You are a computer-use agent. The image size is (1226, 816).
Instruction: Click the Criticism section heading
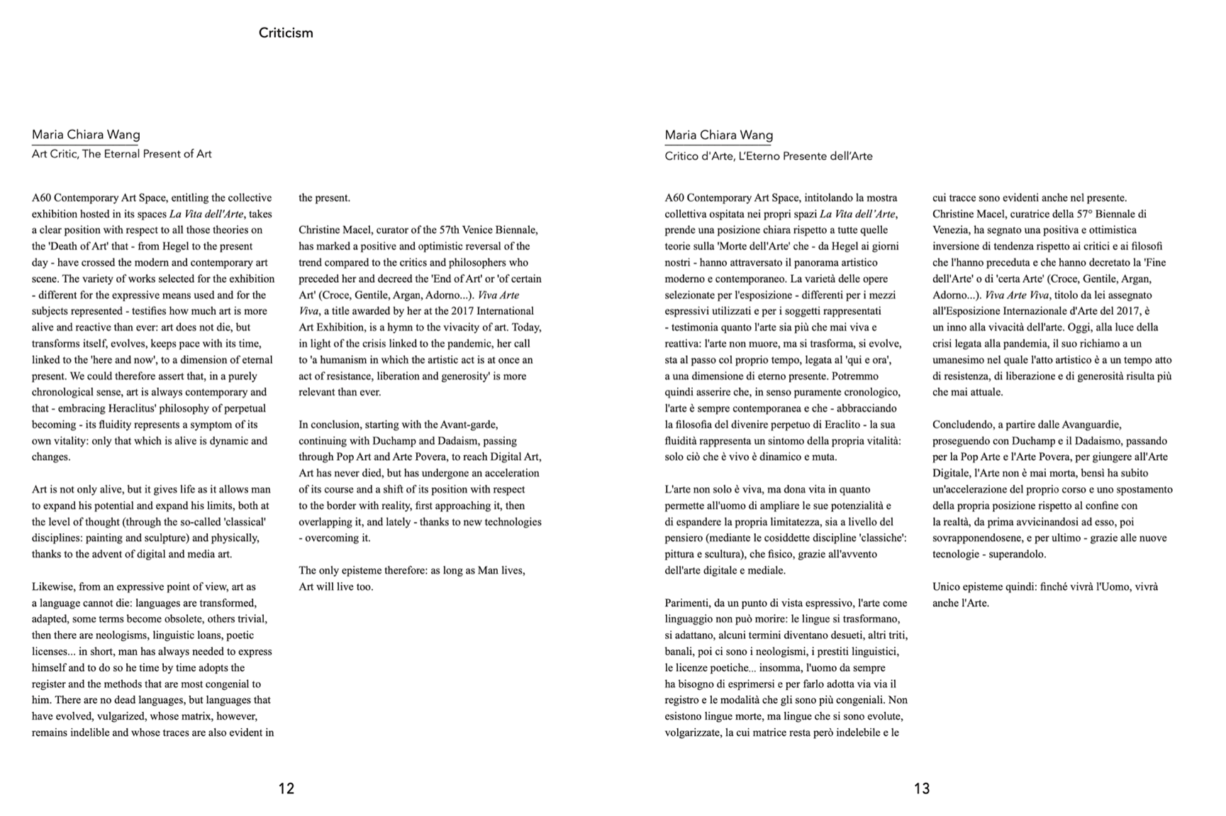(286, 33)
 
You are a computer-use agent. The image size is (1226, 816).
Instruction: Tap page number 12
(286, 788)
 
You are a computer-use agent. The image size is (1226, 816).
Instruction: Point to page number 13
(921, 788)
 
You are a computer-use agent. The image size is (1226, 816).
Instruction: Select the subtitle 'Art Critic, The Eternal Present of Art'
(121, 154)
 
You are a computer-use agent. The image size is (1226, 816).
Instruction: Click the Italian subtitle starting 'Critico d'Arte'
(768, 156)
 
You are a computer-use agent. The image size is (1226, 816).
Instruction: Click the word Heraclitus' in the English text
(138, 408)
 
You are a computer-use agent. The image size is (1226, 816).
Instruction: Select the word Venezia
(952, 230)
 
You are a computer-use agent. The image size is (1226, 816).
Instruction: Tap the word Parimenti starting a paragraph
(689, 603)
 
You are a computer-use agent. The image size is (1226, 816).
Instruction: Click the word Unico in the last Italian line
(947, 587)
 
